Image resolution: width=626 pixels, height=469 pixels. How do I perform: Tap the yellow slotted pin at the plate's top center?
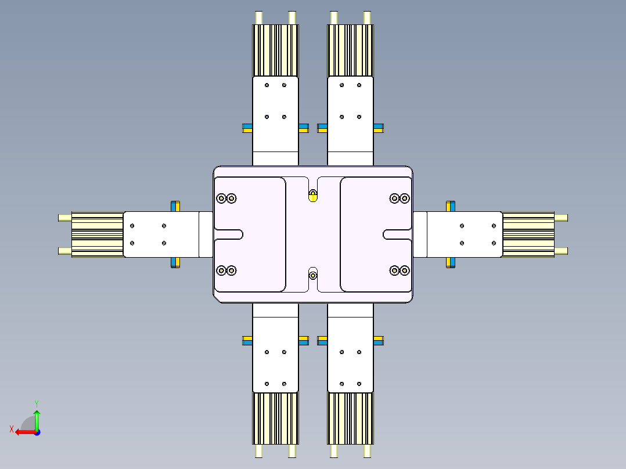313,196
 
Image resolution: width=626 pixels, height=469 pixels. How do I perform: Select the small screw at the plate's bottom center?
313,275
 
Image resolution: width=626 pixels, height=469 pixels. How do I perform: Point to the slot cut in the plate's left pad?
229,234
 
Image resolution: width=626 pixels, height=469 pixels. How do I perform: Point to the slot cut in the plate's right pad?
397,234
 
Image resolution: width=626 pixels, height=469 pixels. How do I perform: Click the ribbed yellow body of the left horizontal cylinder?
98,234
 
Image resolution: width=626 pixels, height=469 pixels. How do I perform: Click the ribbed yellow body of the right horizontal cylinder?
528,234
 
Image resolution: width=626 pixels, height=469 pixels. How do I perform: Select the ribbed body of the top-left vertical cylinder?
275,50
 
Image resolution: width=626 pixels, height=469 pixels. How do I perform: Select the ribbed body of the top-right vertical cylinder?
350,50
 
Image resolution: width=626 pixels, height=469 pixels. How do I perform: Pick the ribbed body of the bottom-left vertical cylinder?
275,418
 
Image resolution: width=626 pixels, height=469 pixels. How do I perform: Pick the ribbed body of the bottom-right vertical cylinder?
350,418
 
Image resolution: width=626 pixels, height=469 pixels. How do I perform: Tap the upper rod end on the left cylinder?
64,218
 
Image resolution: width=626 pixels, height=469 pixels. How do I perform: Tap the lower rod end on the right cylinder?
561,251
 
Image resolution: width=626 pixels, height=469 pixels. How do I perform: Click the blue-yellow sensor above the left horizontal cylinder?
175,206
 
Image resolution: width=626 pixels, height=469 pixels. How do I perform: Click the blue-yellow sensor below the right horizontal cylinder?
450,262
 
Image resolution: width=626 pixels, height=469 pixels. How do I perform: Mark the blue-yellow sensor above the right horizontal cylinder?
450,206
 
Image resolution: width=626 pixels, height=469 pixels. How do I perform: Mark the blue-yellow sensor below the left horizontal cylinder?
175,262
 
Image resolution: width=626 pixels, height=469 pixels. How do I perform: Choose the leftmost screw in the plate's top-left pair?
221,199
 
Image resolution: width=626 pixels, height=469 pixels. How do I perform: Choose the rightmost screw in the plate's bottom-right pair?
405,270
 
